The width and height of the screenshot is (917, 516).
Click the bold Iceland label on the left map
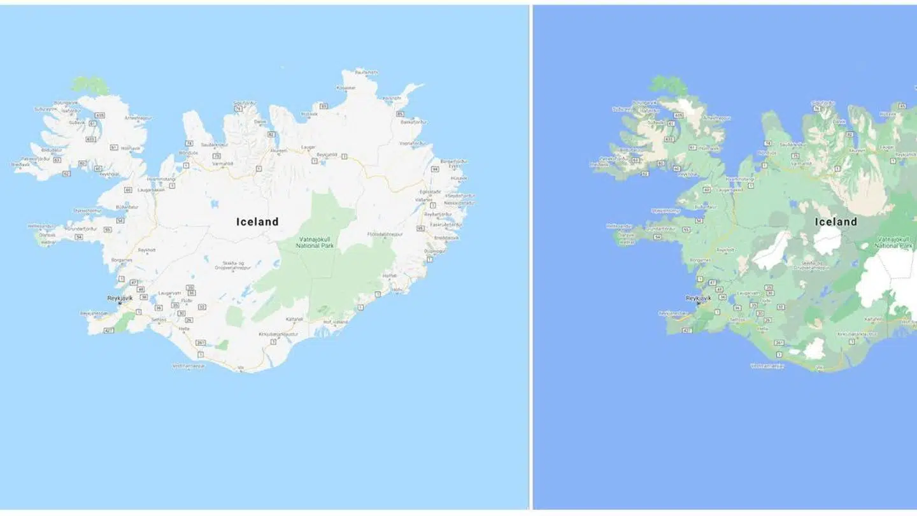257,222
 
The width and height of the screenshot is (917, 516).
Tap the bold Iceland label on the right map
836,222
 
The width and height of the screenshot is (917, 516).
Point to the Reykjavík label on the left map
122,297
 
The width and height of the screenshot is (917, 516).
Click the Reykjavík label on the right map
701,297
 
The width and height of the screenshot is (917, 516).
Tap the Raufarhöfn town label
367,72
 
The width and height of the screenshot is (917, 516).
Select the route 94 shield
435,169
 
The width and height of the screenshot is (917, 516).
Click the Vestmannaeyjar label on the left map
189,366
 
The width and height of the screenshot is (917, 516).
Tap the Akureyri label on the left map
278,150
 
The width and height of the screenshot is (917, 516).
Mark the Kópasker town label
346,87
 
